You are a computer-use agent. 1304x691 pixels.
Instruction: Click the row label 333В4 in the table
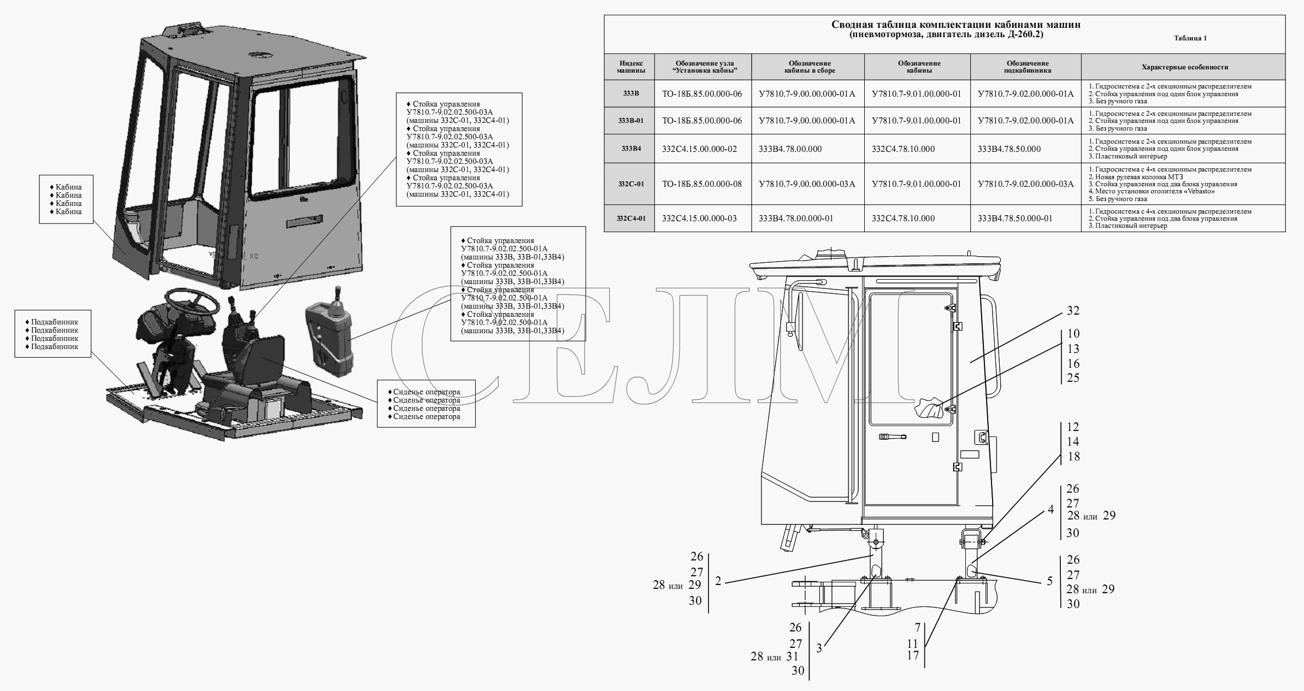(631, 149)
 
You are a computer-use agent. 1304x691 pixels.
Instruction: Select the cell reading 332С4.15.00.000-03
(699, 218)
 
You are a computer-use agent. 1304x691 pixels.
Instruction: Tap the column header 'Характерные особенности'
(1184, 67)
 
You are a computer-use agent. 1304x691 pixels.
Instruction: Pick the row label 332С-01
(631, 184)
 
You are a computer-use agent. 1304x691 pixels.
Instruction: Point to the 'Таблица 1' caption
(1190, 38)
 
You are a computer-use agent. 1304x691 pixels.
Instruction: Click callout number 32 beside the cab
(1073, 310)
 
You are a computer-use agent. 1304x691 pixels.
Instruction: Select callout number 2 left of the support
(718, 581)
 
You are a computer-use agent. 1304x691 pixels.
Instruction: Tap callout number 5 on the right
(1049, 581)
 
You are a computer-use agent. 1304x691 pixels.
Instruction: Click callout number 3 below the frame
(819, 648)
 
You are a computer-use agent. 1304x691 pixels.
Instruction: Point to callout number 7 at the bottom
(917, 627)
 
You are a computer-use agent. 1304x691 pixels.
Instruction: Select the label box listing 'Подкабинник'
(53, 334)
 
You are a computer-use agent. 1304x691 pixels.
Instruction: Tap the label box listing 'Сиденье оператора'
(426, 404)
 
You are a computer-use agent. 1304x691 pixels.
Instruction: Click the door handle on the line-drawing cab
(893, 437)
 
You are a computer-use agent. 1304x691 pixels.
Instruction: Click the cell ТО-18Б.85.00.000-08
(702, 184)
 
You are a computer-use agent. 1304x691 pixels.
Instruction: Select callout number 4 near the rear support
(1051, 510)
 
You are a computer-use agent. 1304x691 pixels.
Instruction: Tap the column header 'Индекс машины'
(631, 67)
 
